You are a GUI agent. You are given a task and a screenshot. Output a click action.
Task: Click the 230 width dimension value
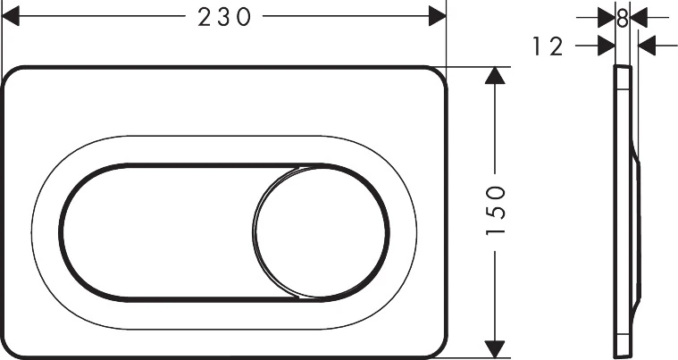223,17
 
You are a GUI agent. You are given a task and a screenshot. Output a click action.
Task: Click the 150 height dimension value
497,212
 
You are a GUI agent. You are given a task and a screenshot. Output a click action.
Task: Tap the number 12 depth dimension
548,46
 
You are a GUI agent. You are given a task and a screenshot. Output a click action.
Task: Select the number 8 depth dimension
623,17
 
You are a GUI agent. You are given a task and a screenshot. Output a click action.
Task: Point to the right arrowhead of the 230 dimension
437,16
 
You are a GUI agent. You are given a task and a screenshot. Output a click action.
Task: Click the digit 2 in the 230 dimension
204,17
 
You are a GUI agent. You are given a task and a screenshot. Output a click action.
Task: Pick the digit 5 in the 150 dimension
497,212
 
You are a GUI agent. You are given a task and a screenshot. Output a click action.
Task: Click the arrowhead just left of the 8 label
608,16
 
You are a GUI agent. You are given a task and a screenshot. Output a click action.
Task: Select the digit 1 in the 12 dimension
539,46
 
